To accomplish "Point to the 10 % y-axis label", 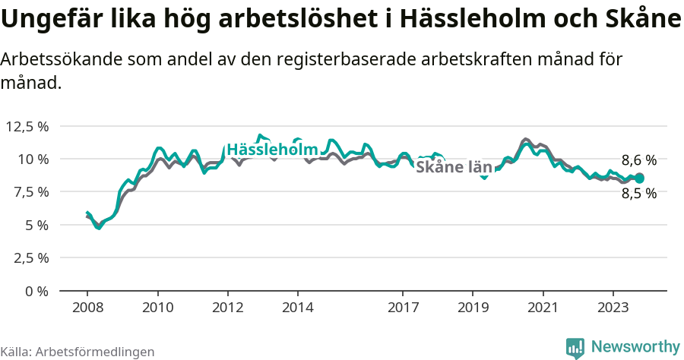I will [x=33, y=159].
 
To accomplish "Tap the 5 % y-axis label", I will [x=36, y=225].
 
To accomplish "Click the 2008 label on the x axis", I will [x=87, y=308].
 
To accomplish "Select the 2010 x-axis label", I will [x=157, y=308].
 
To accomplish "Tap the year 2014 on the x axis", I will [x=297, y=308].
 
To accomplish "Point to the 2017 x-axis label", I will [x=403, y=308].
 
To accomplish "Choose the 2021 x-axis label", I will [x=543, y=308].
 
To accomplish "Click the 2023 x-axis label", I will [x=613, y=308].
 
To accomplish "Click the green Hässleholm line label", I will [x=271, y=150].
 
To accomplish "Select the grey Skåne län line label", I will [x=454, y=167].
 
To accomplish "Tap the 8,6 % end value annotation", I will [x=638, y=160].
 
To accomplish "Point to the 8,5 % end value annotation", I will [x=638, y=194].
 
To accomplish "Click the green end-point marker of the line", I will [x=639, y=178].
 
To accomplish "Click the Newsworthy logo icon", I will [x=575, y=348].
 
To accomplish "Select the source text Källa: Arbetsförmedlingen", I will [x=78, y=352].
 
